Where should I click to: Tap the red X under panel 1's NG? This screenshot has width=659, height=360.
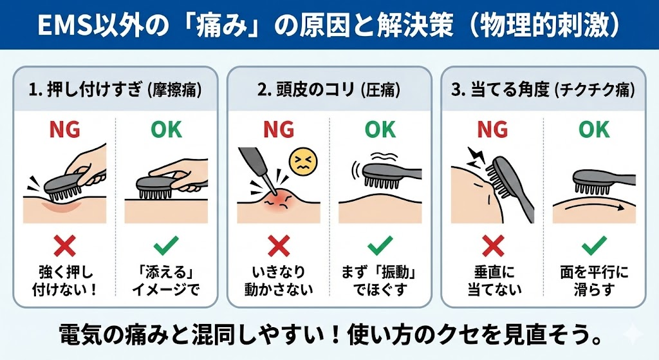[x=65, y=246]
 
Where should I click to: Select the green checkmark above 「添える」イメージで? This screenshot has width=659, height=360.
[x=166, y=245]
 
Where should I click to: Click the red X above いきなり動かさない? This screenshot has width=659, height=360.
[x=279, y=246]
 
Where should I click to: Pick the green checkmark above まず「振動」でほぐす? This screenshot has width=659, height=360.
[x=380, y=245]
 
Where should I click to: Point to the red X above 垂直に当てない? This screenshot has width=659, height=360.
[x=493, y=246]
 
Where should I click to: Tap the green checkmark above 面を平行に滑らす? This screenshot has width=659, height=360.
[x=594, y=245]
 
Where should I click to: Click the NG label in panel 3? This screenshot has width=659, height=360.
[x=492, y=129]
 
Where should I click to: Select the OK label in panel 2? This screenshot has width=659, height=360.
[x=380, y=129]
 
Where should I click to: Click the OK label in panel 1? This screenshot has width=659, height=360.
[x=166, y=129]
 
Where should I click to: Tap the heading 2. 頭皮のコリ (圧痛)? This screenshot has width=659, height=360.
[x=329, y=90]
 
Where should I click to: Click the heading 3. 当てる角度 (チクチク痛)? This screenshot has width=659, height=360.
[x=543, y=90]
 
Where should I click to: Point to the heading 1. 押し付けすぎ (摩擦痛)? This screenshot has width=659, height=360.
[x=115, y=90]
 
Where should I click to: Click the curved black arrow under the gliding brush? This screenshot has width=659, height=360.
[x=593, y=207]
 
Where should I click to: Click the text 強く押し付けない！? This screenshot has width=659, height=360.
[x=65, y=281]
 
